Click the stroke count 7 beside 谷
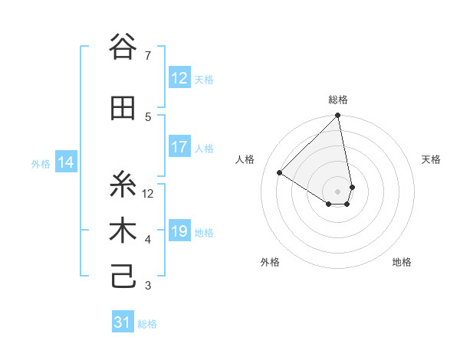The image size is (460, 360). tap(148, 55)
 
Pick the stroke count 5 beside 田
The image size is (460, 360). tap(148, 116)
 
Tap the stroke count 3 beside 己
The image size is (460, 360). tap(148, 286)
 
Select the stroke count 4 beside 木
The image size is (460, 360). tap(148, 240)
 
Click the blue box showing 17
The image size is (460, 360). tap(179, 147)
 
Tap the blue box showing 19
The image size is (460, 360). tap(179, 231)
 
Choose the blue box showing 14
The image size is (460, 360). tap(66, 162)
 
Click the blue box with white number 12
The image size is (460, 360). tap(179, 78)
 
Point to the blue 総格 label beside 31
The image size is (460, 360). tap(147, 324)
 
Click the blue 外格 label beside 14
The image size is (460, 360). tap(41, 163)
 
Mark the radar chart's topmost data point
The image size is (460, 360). tap(337, 116)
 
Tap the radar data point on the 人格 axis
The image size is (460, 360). tap(280, 172)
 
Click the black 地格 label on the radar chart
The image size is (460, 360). tap(402, 262)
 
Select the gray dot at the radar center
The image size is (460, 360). tap(337, 191)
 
